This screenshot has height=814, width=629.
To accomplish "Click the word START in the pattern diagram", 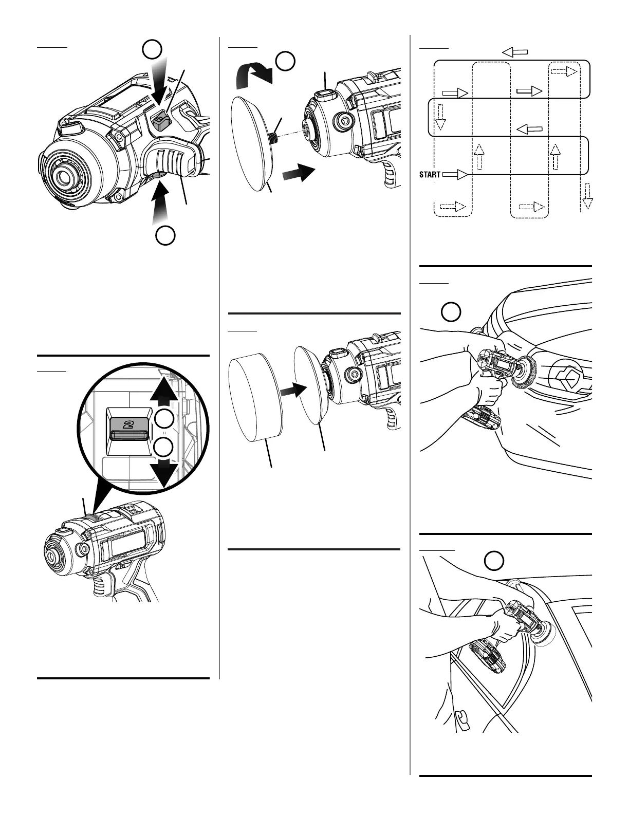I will (430, 175).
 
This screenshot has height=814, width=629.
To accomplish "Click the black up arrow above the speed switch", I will (165, 382).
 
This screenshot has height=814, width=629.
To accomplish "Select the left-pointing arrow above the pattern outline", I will (515, 51).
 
